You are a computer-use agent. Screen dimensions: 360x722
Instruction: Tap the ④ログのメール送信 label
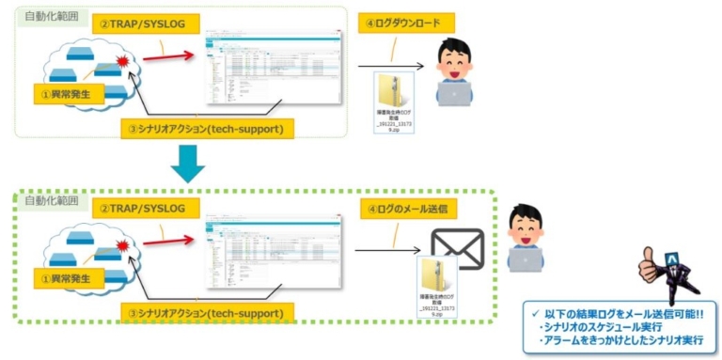pyautogui.click(x=410, y=207)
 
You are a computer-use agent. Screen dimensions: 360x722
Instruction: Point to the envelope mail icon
pyautogui.click(x=457, y=249)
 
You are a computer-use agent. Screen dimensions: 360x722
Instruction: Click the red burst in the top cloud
pyautogui.click(x=123, y=63)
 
